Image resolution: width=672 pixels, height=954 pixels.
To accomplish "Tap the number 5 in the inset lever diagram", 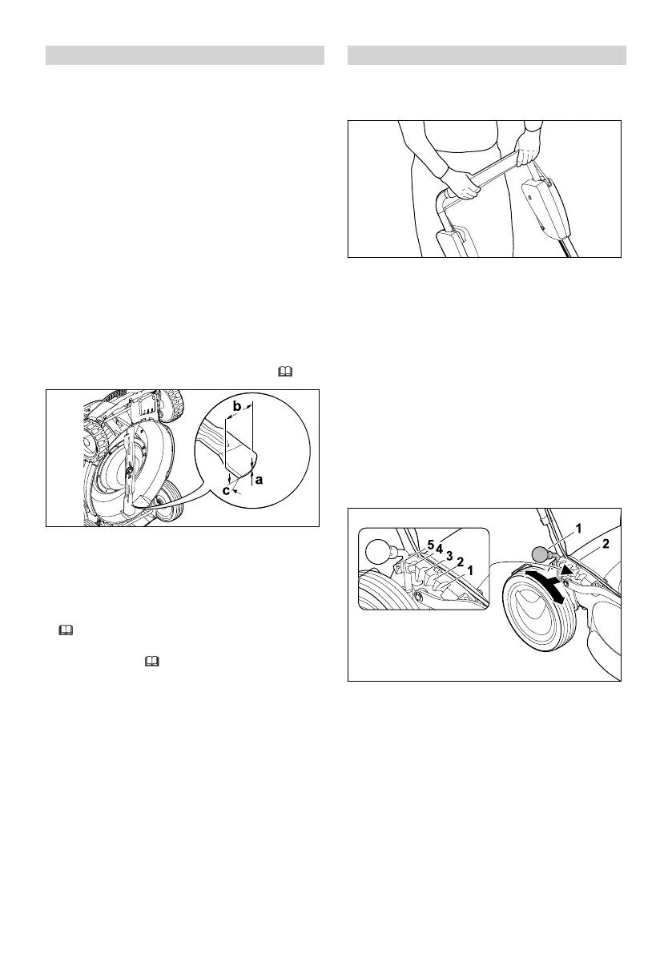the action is [430, 545].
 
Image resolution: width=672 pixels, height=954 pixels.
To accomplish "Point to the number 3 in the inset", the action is [449, 555].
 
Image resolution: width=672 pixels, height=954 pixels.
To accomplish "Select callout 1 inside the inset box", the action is [470, 571].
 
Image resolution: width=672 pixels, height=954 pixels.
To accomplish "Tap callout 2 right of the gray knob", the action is [606, 543].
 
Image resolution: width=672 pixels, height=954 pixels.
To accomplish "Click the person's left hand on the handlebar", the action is [529, 150].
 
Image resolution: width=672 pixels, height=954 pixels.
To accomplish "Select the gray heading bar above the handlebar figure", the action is [486, 55].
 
